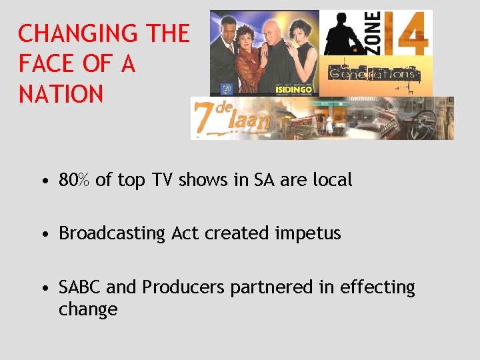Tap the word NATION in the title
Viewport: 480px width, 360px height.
tap(61, 94)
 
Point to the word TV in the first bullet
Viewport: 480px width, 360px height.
tap(159, 180)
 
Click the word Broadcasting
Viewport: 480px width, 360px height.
tap(112, 234)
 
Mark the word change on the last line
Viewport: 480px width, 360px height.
tap(88, 310)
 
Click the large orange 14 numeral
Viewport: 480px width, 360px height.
tap(406, 33)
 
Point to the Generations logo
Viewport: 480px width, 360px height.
tap(373, 74)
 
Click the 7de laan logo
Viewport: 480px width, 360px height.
tap(230, 118)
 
